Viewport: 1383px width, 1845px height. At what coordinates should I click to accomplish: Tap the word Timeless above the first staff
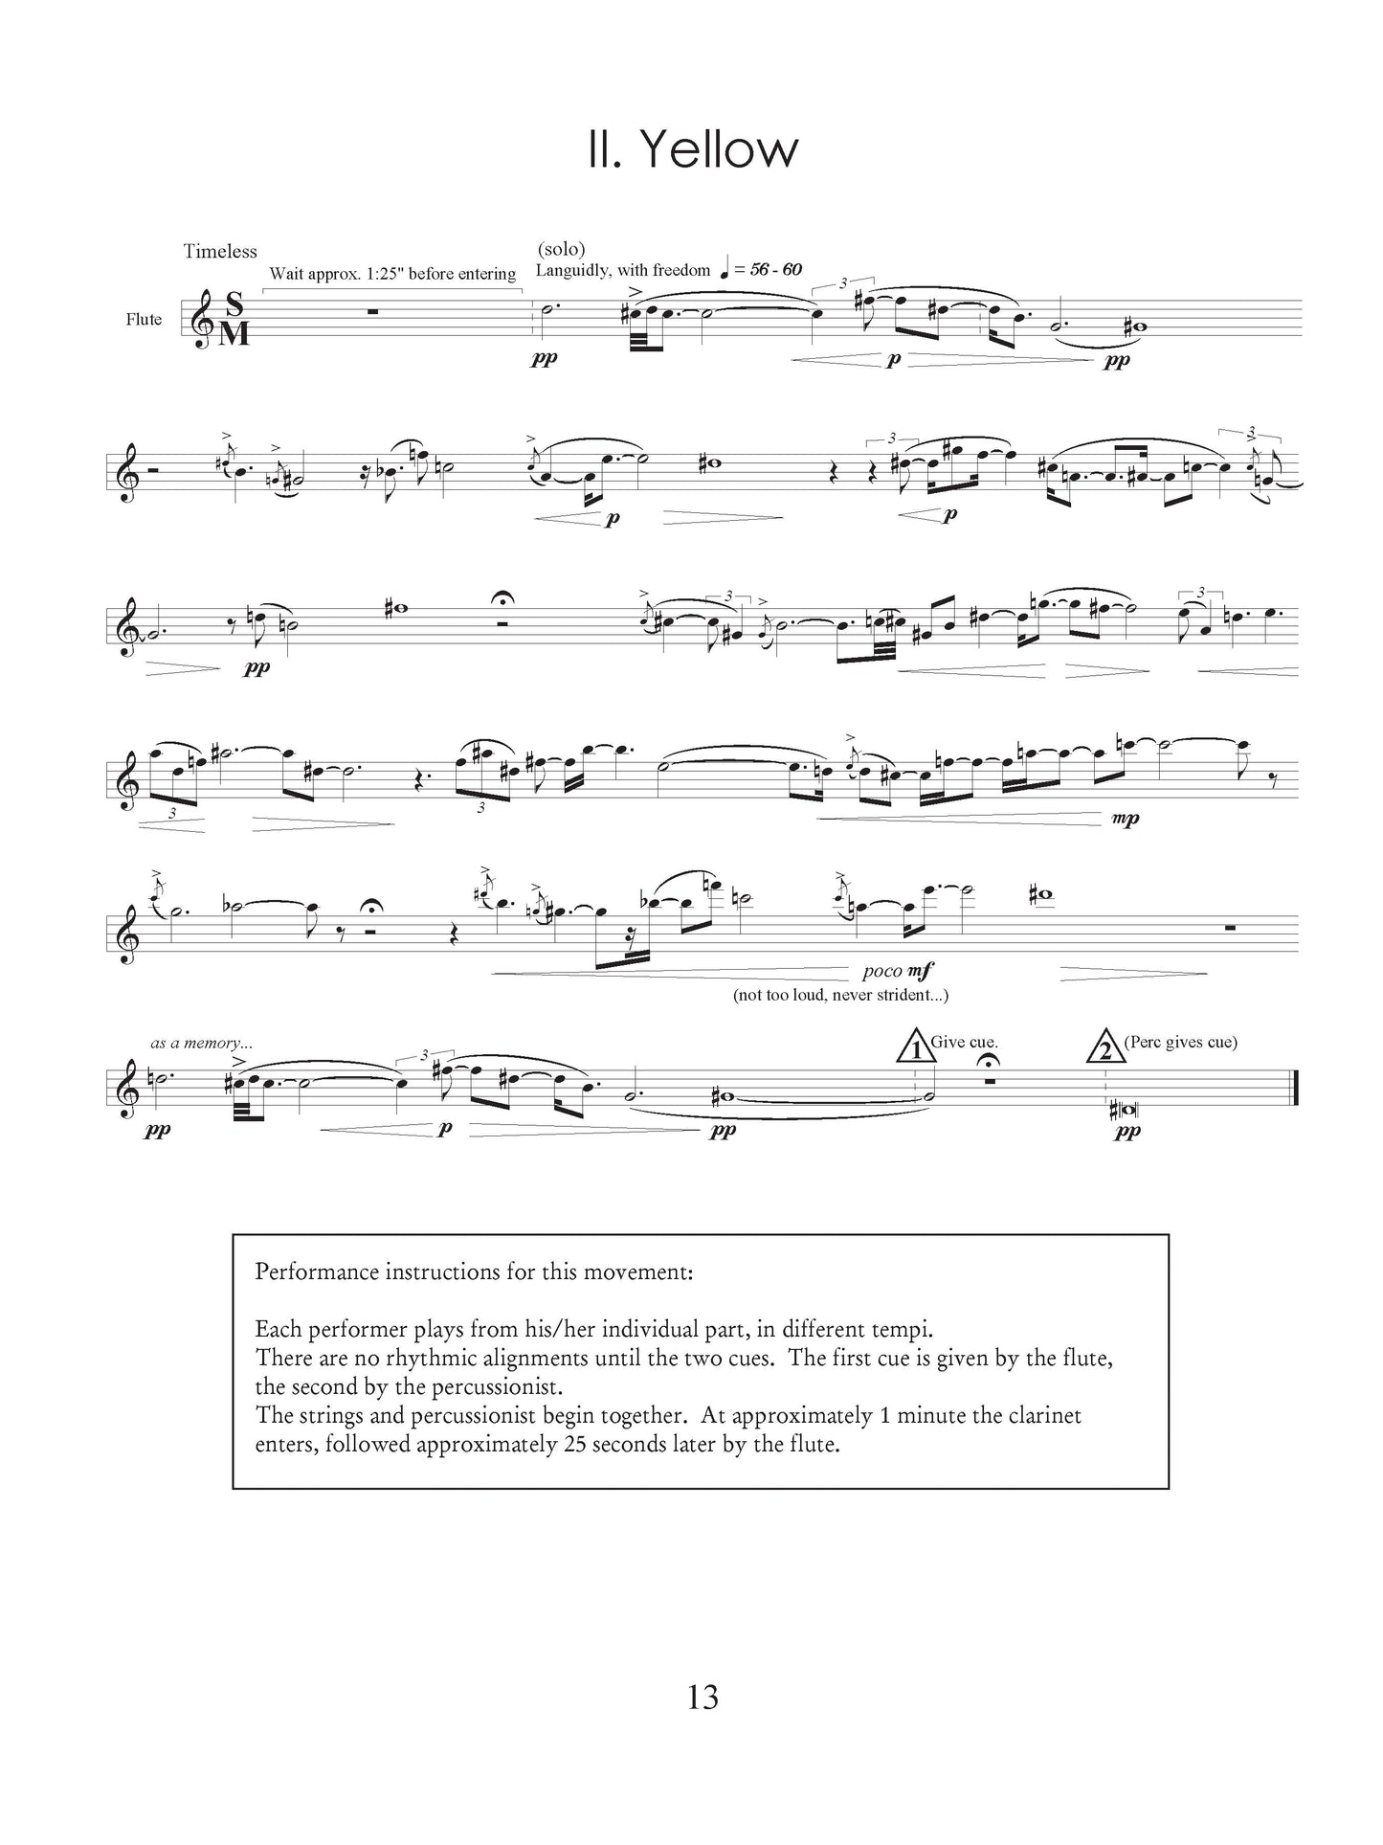220,252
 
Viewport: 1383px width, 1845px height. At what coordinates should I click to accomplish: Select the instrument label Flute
144,320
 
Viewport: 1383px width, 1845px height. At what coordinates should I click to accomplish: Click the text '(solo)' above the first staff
562,250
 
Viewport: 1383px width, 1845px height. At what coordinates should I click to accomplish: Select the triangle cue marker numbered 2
1105,1049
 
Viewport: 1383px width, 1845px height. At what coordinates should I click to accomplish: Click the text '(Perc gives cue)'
1180,1042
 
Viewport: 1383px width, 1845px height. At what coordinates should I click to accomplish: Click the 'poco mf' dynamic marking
898,972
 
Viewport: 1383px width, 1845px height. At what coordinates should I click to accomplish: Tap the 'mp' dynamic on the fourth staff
1126,818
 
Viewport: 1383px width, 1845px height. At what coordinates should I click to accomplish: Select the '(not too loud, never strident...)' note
840,996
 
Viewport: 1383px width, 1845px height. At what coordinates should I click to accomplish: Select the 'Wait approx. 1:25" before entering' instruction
392,274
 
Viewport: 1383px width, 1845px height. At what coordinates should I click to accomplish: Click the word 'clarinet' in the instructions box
1044,1415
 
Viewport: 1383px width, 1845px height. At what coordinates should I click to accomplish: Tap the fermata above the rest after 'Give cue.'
990,1062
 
